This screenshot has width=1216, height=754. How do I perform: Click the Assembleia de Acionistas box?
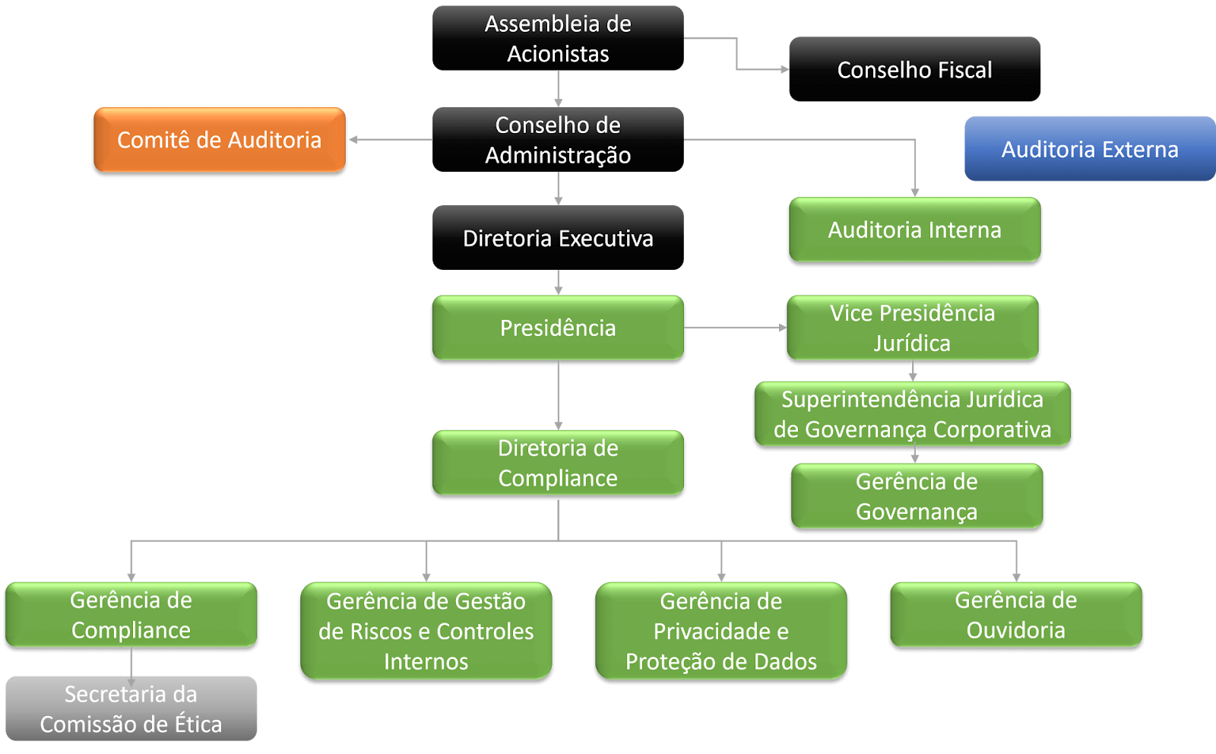coord(558,38)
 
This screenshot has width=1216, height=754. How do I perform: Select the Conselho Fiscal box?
coord(915,69)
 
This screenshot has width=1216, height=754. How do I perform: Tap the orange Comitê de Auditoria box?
coord(220,140)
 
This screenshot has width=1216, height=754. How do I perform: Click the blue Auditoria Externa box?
coord(1090,148)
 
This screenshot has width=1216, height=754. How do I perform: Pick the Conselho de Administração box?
coord(558,140)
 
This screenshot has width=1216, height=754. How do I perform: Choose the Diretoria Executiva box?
coord(558,238)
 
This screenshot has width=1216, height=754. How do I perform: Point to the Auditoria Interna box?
coord(915,230)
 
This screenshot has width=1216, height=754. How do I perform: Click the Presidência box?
coord(558,328)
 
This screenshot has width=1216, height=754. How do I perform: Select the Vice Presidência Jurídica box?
coord(913,328)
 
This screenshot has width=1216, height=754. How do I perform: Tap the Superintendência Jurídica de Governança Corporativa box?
coord(913,414)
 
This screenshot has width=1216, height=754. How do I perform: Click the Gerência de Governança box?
coord(917,496)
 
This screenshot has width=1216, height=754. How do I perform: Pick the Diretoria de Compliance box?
coord(558,463)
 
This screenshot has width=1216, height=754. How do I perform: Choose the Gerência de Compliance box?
coord(131,615)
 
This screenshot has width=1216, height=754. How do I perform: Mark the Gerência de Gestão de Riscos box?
coord(426,631)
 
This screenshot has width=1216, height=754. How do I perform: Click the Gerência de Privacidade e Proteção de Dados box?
coord(721,631)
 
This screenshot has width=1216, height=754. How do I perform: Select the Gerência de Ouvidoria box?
coord(1016,615)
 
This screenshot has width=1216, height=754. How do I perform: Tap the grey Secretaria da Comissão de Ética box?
coord(131,708)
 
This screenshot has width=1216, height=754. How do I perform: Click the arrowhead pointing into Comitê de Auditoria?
coord(353,140)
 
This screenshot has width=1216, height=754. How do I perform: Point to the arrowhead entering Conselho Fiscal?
coord(784,69)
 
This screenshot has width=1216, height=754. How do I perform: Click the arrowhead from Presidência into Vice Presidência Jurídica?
coord(782,328)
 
